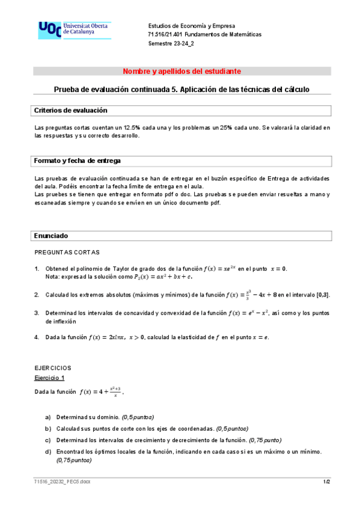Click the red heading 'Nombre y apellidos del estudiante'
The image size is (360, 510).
pyautogui.click(x=182, y=72)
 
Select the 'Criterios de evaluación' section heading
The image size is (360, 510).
pyautogui.click(x=70, y=111)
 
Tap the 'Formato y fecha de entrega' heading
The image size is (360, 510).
pyautogui.click(x=77, y=161)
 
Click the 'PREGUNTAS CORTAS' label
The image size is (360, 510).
pyautogui.click(x=67, y=252)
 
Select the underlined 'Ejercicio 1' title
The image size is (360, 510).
pyautogui.click(x=49, y=377)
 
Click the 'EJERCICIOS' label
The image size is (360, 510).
pyautogui.click(x=53, y=367)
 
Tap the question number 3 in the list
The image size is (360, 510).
pyautogui.click(x=37, y=313)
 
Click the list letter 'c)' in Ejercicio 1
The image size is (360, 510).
pyautogui.click(x=47, y=440)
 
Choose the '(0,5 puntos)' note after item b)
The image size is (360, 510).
pyautogui.click(x=233, y=428)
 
